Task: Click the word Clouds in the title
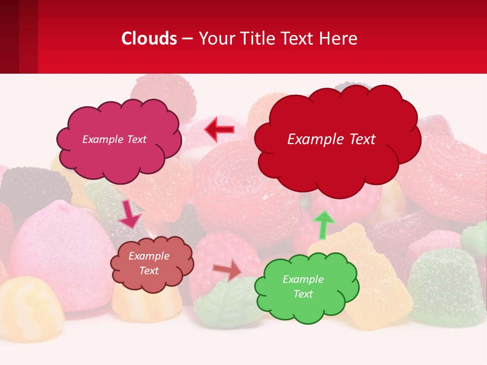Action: [x=149, y=39]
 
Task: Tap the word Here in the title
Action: [x=339, y=39]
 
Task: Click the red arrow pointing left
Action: [x=219, y=129]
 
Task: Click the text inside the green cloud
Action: [x=303, y=286]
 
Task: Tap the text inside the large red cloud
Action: [x=331, y=139]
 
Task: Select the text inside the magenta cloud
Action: [x=114, y=139]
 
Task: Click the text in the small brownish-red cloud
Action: [x=149, y=263]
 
